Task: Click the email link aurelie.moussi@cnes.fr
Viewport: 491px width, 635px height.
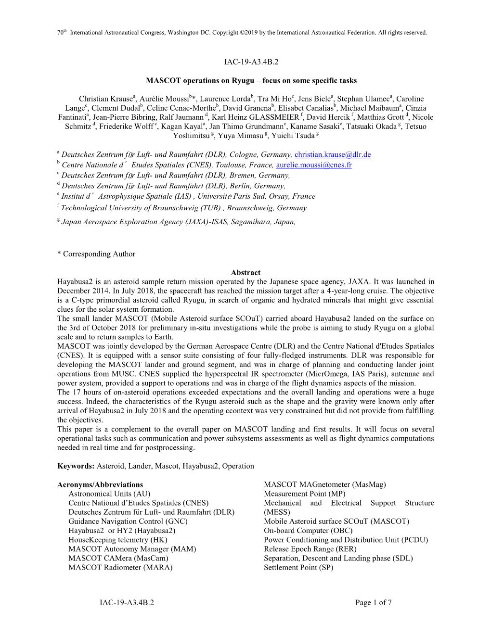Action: [x=314, y=165]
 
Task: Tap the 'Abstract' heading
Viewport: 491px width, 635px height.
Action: [x=245, y=273]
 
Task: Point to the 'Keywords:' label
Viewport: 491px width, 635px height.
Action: [x=76, y=466]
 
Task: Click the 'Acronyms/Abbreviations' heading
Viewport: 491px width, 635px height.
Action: [x=100, y=485]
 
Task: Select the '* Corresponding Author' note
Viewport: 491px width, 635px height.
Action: [x=96, y=254]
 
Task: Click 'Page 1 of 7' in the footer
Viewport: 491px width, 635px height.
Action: [x=373, y=603]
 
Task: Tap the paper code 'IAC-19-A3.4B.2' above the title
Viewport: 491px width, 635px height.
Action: [x=251, y=62]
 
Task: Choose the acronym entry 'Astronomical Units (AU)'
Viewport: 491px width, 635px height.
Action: [x=109, y=494]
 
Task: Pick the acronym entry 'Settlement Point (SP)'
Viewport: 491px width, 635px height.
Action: [x=298, y=568]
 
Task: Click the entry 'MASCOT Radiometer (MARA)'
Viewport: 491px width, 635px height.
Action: [x=120, y=568]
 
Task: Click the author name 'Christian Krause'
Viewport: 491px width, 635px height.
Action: [x=105, y=99]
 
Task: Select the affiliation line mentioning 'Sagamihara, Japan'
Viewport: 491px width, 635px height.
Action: [x=178, y=222]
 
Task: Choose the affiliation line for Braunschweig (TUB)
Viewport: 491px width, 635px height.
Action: [x=183, y=208]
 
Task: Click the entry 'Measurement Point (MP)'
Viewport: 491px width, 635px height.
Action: [x=304, y=494]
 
